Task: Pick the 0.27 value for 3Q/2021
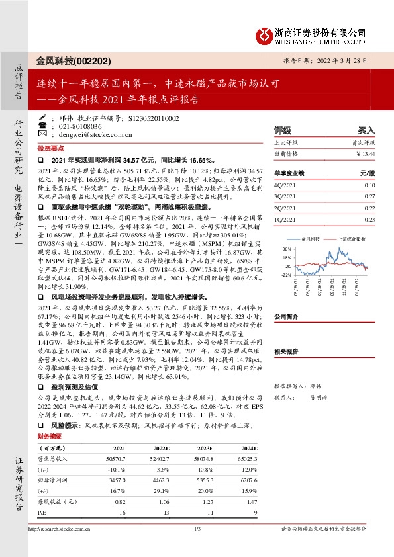[x=369, y=196]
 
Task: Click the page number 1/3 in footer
[x=197, y=547]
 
